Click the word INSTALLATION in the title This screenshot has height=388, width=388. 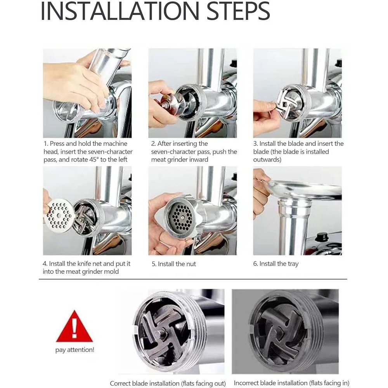click(120, 11)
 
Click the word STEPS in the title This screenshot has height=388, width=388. click(238, 11)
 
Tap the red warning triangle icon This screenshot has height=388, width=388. click(74, 326)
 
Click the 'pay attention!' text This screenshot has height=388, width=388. click(75, 350)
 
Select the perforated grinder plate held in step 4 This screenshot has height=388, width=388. click(59, 215)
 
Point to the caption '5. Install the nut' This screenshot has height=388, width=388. click(174, 264)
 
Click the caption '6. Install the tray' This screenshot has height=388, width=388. click(276, 264)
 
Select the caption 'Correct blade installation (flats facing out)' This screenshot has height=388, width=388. click(168, 383)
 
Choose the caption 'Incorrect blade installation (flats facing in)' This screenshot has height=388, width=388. click(291, 383)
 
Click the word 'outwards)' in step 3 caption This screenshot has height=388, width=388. click(267, 159)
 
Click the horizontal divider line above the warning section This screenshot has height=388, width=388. click(193, 279)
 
